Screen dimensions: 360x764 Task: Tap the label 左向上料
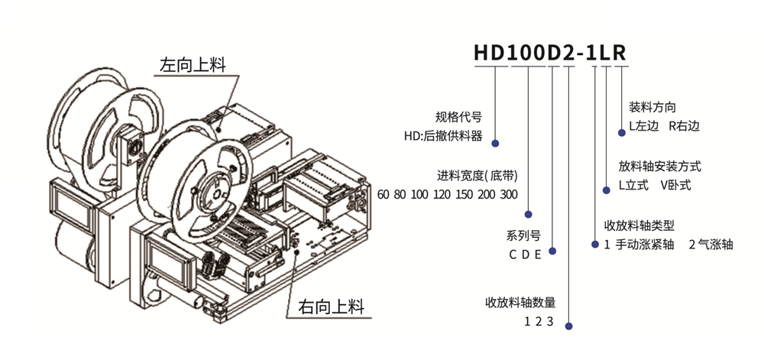click(x=193, y=64)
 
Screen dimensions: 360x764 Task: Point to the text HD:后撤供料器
click(x=443, y=136)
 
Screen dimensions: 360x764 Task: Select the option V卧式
click(x=675, y=186)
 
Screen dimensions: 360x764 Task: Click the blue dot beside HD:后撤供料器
click(x=495, y=143)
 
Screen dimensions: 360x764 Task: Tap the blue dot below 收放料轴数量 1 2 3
click(x=568, y=326)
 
